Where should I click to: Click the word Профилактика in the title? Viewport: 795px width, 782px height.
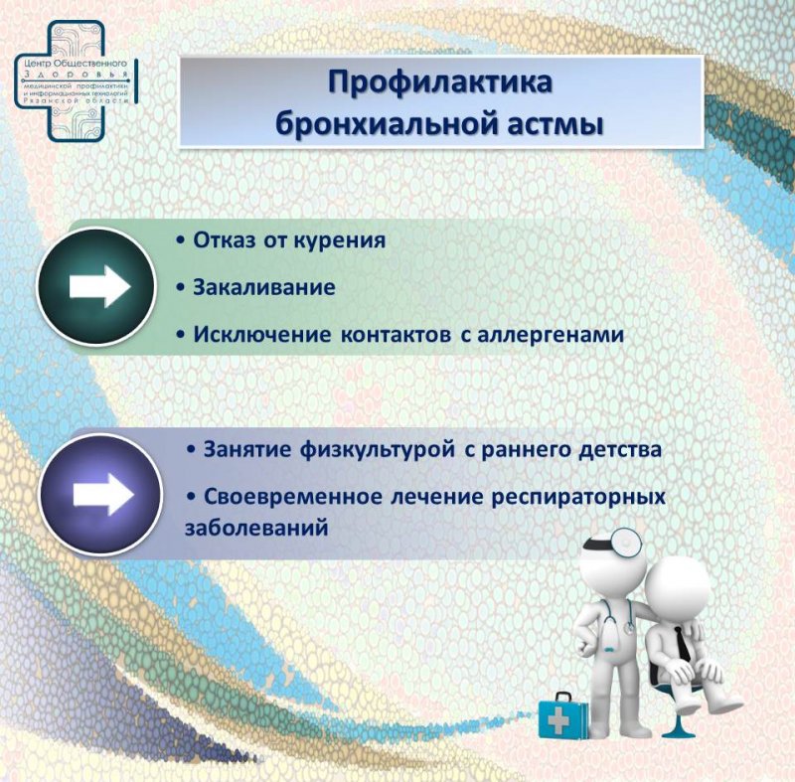(440, 83)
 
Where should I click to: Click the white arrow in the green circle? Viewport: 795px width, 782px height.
(99, 286)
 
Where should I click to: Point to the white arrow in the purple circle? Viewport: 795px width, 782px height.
(103, 495)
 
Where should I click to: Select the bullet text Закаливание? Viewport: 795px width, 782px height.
(264, 287)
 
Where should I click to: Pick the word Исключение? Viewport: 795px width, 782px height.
(262, 335)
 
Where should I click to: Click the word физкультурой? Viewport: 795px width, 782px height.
(378, 450)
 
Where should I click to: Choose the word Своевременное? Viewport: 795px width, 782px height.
(293, 497)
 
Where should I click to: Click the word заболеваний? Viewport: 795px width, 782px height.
(256, 528)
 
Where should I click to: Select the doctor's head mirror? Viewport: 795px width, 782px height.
(626, 543)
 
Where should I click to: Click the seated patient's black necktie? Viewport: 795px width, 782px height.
(683, 643)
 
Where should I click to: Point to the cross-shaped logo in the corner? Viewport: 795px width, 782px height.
(77, 81)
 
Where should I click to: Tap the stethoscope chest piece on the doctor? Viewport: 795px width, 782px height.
(629, 628)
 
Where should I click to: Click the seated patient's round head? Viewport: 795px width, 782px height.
(677, 591)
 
